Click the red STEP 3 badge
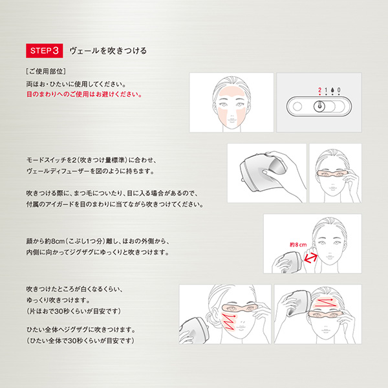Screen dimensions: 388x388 (x=44, y=50)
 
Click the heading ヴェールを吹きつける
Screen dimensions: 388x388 (x=108, y=50)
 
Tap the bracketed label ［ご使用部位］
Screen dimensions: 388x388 (x=46, y=71)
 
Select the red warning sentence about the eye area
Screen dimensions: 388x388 (x=84, y=94)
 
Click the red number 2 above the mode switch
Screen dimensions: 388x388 (x=319, y=90)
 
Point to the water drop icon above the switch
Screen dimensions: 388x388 (x=332, y=90)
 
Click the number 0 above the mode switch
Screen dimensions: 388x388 (x=339, y=90)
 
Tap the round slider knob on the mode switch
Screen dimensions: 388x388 (x=319, y=107)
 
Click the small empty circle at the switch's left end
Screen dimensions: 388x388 (x=297, y=107)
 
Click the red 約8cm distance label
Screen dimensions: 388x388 (x=298, y=244)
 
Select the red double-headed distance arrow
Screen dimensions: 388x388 (x=310, y=257)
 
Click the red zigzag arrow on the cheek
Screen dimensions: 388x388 (x=228, y=321)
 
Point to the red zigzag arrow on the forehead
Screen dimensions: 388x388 (x=325, y=303)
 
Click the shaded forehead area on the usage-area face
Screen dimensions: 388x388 (x=232, y=93)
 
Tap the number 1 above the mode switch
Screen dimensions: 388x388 (x=326, y=90)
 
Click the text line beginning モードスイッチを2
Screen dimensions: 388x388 (x=92, y=160)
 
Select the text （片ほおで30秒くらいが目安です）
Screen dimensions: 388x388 (x=74, y=311)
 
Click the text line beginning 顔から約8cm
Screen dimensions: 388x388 (x=98, y=241)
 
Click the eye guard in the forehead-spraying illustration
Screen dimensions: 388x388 (x=326, y=314)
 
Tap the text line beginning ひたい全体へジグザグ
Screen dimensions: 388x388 (x=81, y=330)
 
